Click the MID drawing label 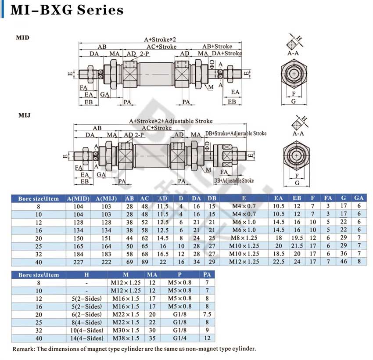click(x=22, y=38)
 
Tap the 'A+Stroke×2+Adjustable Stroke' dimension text click(x=171, y=121)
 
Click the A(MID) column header click(x=78, y=198)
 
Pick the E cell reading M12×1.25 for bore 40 click(x=244, y=262)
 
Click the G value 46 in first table click(x=343, y=262)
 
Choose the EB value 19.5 click(x=297, y=238)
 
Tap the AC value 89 click(x=145, y=262)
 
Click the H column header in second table click(x=86, y=275)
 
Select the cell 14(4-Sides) click(x=86, y=338)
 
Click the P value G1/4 click(x=179, y=338)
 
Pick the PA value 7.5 click(x=207, y=314)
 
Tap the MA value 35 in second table click(x=152, y=338)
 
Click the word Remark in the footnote click(x=23, y=349)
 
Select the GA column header click(x=359, y=198)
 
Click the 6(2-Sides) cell click(x=86, y=314)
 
